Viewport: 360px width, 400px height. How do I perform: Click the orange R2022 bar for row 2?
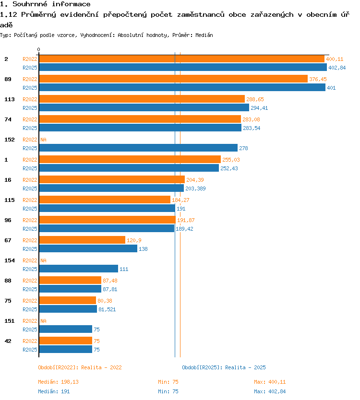(x=181, y=59)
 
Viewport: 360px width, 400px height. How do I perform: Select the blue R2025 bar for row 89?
(x=182, y=87)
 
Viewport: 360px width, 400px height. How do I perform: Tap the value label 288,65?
(x=255, y=99)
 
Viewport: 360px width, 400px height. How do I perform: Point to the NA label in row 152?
(x=43, y=140)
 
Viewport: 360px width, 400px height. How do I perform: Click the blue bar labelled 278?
(x=138, y=148)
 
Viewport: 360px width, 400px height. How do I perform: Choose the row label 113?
(x=10, y=99)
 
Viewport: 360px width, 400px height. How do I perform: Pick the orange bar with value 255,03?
(x=130, y=159)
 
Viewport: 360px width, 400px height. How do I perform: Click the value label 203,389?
(x=195, y=188)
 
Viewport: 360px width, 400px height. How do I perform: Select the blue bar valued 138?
(x=88, y=248)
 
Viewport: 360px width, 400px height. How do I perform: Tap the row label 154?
(x=10, y=260)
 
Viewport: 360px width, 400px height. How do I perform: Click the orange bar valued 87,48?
(x=70, y=281)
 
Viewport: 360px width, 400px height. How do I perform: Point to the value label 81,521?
(x=107, y=309)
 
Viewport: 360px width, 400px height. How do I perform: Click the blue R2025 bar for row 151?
(x=65, y=329)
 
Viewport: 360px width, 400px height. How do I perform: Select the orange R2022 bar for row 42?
(x=65, y=341)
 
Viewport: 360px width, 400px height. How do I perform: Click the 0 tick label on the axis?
(x=38, y=49)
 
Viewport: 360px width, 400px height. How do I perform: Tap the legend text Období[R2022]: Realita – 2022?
(x=80, y=367)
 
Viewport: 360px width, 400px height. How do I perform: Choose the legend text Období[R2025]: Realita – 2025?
(x=224, y=367)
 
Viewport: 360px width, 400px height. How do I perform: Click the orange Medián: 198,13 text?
(x=58, y=382)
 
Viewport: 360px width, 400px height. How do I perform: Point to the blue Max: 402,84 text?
(x=270, y=391)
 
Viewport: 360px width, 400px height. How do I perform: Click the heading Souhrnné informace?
(x=51, y=4)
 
